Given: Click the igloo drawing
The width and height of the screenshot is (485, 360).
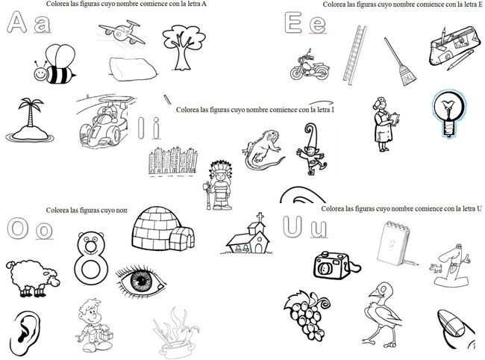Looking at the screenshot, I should (164, 228).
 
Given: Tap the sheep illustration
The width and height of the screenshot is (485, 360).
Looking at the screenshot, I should (31, 279).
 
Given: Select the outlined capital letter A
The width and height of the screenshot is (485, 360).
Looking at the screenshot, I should (16, 25).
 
